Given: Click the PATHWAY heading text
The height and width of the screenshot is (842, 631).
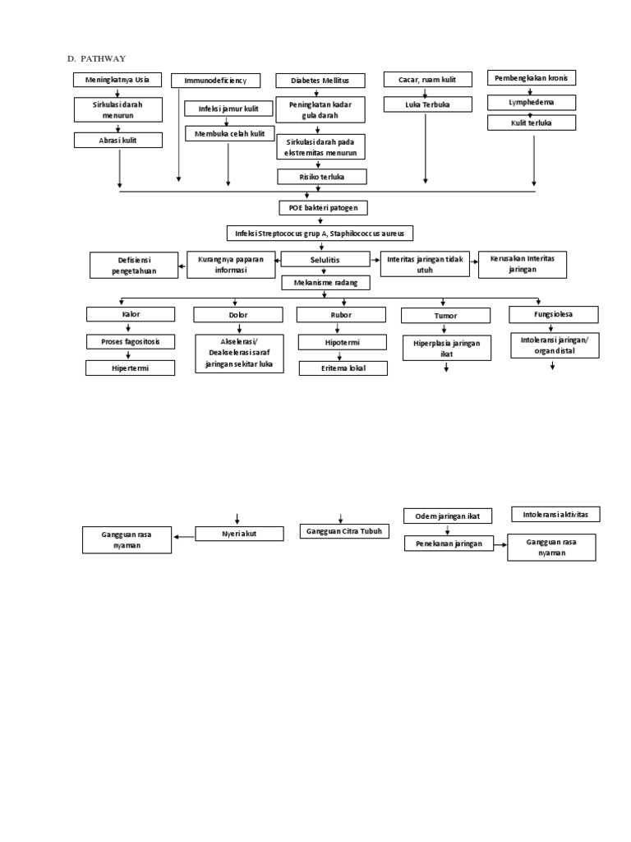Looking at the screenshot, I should click(x=102, y=58).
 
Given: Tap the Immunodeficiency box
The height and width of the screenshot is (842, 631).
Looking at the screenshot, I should click(x=215, y=81).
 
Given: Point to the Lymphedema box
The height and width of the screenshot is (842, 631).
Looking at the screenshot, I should click(x=532, y=103).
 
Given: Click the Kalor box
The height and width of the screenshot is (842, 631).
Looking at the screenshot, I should click(x=131, y=314).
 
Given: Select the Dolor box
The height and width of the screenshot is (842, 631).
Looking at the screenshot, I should click(x=236, y=314).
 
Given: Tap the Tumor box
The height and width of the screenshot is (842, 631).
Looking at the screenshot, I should click(x=444, y=315).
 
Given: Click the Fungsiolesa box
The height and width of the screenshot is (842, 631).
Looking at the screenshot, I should click(x=553, y=314).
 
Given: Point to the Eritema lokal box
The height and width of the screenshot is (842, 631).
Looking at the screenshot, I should click(x=343, y=368).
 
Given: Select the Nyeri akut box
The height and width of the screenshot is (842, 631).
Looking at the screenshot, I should click(x=240, y=534).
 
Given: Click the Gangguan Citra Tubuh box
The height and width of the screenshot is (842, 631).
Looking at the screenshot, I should click(x=344, y=531).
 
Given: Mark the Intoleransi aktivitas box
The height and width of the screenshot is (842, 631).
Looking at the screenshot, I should click(x=555, y=515).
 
